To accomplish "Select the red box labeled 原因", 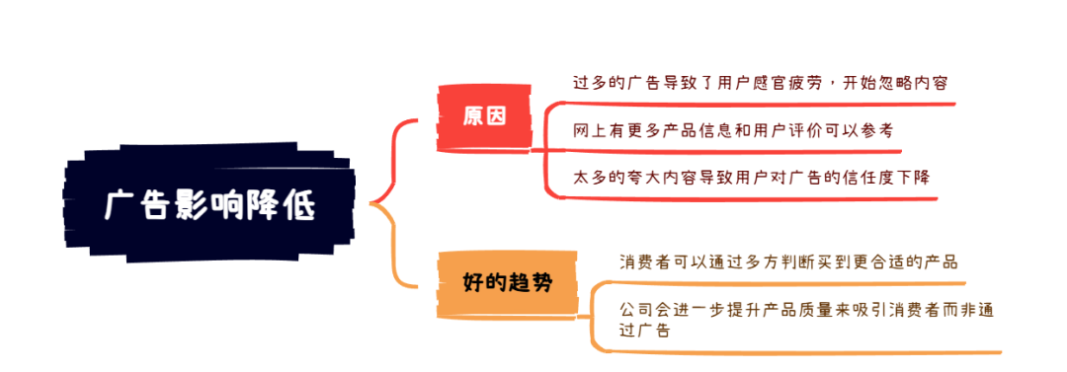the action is point(483,116).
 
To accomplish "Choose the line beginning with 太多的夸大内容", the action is point(751,178).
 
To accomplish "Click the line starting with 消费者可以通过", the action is point(788,262).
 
